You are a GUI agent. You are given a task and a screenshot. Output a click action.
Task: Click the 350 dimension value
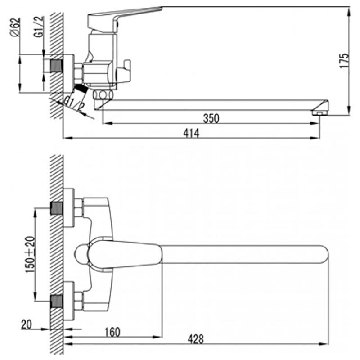click(211, 118)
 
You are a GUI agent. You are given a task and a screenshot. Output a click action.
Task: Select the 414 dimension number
click(191, 133)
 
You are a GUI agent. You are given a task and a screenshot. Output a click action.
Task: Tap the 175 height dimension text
click(344, 61)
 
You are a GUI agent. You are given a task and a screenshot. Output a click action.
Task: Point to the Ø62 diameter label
click(15, 27)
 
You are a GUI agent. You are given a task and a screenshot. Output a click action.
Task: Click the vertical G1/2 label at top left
click(39, 27)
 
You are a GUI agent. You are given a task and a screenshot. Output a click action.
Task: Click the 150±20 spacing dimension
click(31, 254)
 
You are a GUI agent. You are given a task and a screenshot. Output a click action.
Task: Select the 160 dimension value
click(112, 332)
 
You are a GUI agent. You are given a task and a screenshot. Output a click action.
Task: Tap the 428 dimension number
click(196, 339)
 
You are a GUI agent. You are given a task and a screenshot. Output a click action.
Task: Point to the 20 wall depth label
click(27, 324)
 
